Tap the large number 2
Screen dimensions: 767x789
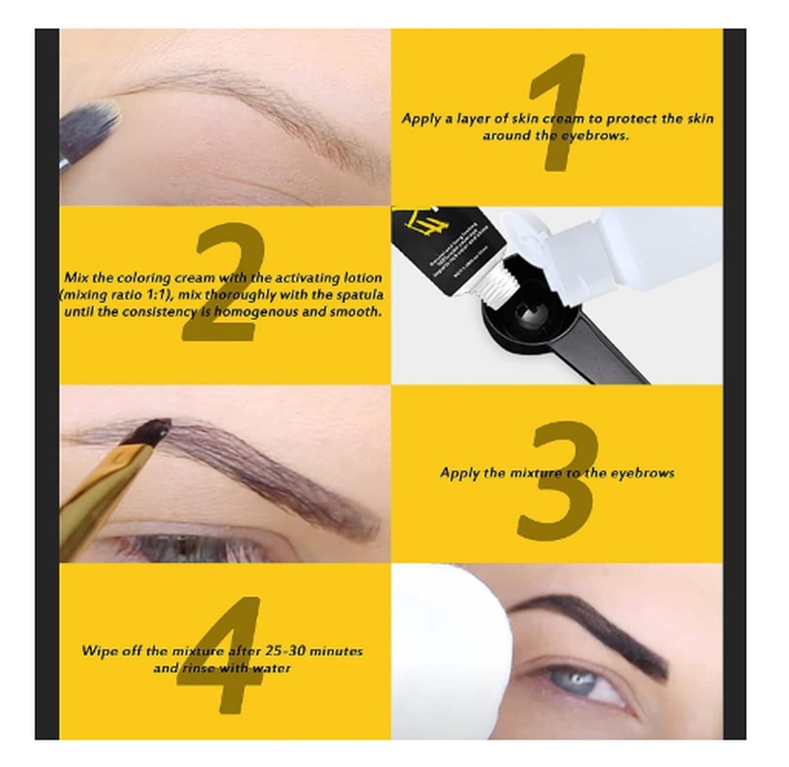224,283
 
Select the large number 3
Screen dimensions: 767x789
558,480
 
